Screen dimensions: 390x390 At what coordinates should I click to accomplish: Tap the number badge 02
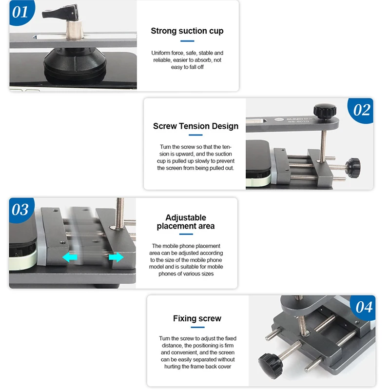coord(361,110)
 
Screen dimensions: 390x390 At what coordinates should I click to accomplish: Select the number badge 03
coord(20,210)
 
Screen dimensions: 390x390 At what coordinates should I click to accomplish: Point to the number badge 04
coord(363,307)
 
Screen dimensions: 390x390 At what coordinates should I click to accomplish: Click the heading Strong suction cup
coord(187,31)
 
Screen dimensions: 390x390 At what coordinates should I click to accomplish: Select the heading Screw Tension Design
coord(195,126)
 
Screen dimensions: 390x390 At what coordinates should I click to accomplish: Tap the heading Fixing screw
coord(197,318)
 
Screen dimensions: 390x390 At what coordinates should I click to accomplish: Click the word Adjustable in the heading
coord(186,217)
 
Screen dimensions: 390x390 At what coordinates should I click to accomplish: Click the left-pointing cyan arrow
coord(70,257)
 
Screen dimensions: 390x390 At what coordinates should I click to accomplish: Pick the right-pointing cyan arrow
coord(116,257)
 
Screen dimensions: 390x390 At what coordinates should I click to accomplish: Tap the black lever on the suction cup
coord(60,12)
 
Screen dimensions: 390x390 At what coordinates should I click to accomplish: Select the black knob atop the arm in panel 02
coord(325,110)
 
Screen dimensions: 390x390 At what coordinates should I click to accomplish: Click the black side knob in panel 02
coord(352,167)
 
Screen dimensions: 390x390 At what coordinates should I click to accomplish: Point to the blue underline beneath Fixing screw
coord(197,327)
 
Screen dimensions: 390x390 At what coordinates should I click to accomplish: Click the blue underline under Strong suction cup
coord(187,41)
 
